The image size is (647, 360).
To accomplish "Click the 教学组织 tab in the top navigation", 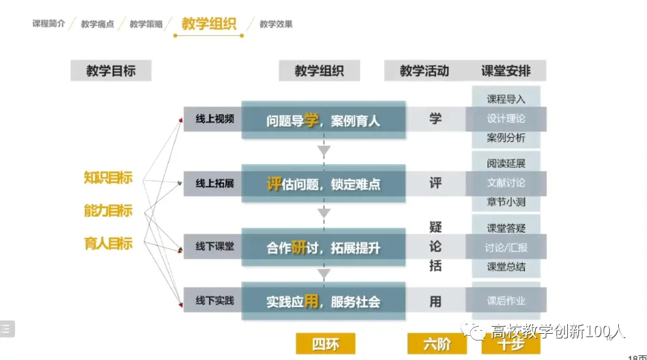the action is point(208,24).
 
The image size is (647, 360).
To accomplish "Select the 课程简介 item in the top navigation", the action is point(48,24).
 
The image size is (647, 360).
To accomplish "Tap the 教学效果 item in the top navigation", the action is point(276,24).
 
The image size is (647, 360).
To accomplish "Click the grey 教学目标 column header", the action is point(110,71).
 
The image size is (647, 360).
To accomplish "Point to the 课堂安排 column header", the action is point(506,71).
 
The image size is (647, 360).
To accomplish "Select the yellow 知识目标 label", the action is point(108,177).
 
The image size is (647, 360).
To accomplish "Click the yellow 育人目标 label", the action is point(108,244).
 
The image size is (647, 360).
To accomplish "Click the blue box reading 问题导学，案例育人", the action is point(323,120).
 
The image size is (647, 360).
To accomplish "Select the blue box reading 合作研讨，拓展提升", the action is point(323,248).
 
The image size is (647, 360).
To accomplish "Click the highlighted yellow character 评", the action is point(274,184).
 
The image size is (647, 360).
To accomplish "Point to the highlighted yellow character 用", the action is point(311,301).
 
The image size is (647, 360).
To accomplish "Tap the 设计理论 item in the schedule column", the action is point(506,119).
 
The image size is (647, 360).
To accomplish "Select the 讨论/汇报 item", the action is point(506,248).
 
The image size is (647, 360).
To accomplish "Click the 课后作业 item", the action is point(506,301).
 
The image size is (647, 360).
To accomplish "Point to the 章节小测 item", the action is point(506,202).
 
